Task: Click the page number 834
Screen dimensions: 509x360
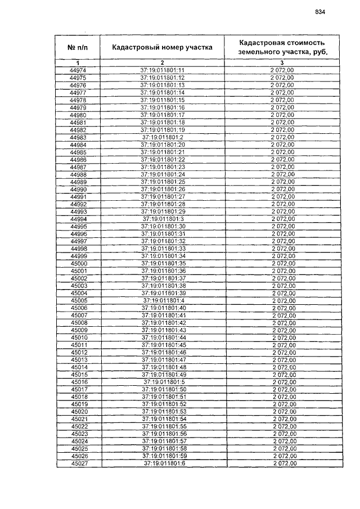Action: pos(320,12)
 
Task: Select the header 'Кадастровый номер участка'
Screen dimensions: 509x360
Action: pos(162,47)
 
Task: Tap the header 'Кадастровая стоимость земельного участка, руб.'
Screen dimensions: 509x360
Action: pos(282,47)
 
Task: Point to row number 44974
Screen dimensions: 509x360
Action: pos(78,70)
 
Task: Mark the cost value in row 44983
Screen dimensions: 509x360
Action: pos(282,137)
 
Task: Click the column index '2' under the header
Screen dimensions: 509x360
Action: pos(162,62)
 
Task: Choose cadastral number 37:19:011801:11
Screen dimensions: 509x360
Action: pos(163,70)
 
